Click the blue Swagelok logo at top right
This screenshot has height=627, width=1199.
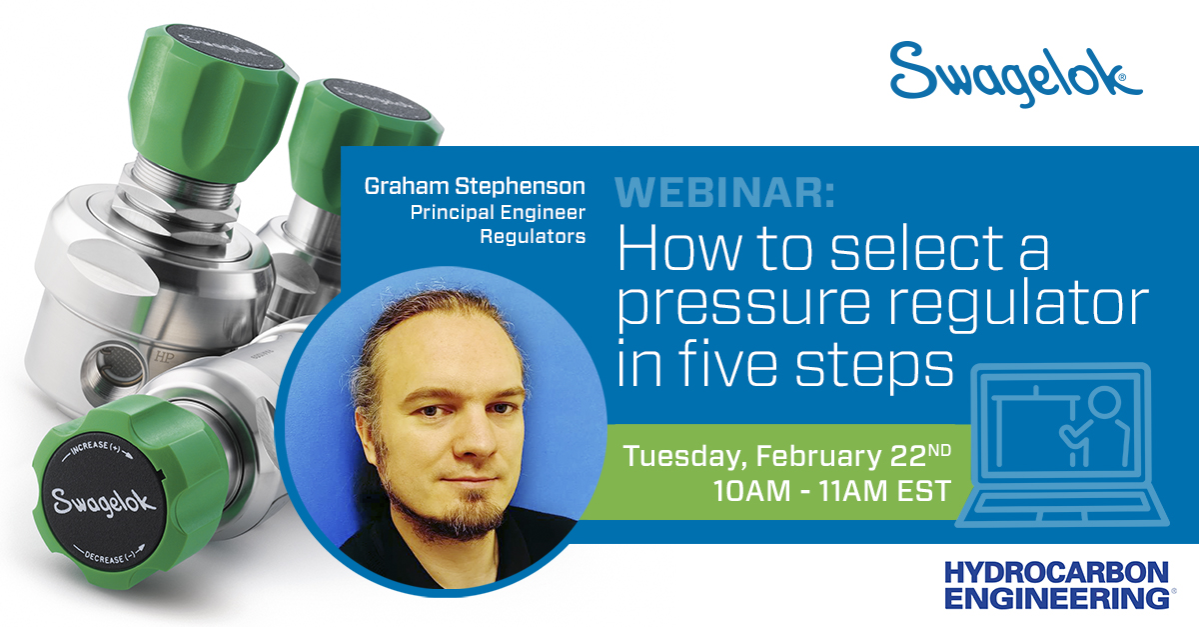tap(1015, 73)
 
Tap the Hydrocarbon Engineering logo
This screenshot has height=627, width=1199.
tap(1057, 585)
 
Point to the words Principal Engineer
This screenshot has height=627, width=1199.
tap(498, 212)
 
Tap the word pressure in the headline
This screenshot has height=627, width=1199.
tap(739, 307)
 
